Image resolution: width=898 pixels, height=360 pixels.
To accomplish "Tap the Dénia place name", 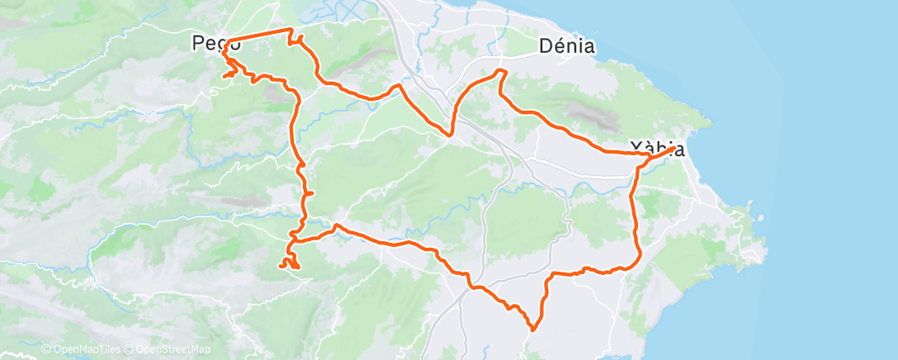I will [566, 46].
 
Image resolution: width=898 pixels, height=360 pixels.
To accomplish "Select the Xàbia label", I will [657, 149].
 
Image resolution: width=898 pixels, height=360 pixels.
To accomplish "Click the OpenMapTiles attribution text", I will [79, 350].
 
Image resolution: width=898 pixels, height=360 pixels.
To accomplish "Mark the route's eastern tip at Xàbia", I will [678, 149].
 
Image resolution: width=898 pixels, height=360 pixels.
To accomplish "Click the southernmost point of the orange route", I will [533, 329].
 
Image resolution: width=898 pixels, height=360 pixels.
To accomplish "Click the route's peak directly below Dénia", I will [500, 73].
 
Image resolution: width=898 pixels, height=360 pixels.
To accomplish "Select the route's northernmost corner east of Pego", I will [291, 30].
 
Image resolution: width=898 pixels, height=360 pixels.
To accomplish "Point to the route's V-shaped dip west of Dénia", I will [451, 135].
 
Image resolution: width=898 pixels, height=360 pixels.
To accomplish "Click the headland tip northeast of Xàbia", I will [708, 124].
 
